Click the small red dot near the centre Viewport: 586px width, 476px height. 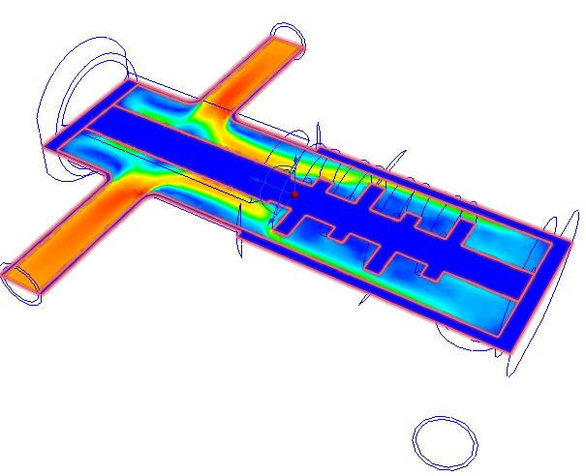tap(294, 194)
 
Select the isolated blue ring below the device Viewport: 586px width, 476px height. tap(446, 442)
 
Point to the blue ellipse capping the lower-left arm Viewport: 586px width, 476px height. tap(19, 282)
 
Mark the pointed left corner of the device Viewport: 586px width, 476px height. tap(44, 145)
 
